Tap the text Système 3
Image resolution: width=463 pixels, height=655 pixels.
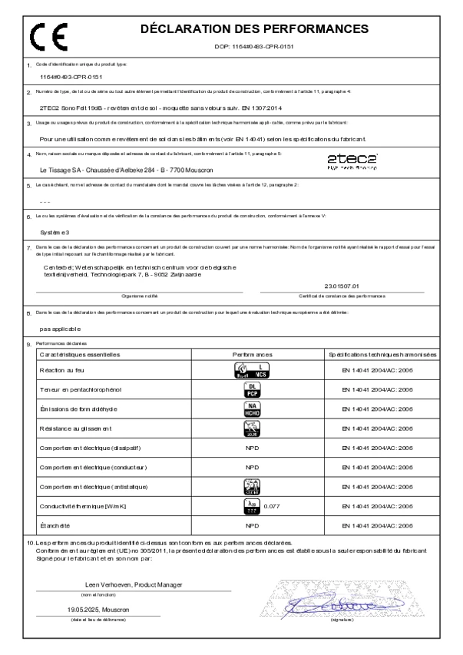point(54,230)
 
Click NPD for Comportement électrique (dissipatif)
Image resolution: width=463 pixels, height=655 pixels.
point(252,446)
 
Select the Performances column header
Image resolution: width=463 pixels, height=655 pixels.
point(252,355)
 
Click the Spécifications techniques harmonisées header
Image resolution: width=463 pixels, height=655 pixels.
point(382,355)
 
